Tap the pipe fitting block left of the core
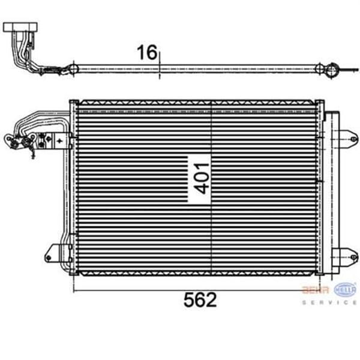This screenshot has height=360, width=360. click(45, 140)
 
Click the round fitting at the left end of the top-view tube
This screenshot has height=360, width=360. click(72, 69)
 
